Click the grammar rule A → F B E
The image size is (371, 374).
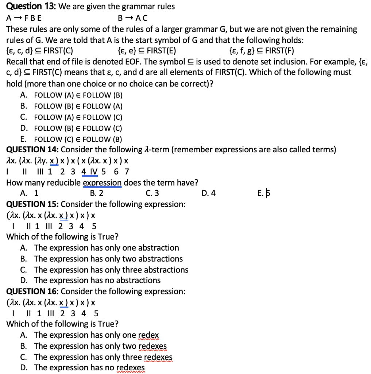[24, 18]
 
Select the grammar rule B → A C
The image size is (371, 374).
[133, 18]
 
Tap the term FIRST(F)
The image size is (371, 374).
[280, 51]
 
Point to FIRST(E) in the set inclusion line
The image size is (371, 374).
[163, 51]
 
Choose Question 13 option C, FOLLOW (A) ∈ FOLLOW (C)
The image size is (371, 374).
[78, 117]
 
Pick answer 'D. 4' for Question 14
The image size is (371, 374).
[208, 193]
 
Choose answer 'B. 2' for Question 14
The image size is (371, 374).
[96, 193]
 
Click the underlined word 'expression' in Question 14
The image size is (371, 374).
[102, 183]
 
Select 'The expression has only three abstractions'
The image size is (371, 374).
[111, 270]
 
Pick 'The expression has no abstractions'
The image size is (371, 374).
[97, 280]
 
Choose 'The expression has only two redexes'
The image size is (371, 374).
[100, 346]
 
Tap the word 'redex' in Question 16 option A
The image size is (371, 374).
[148, 335]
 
